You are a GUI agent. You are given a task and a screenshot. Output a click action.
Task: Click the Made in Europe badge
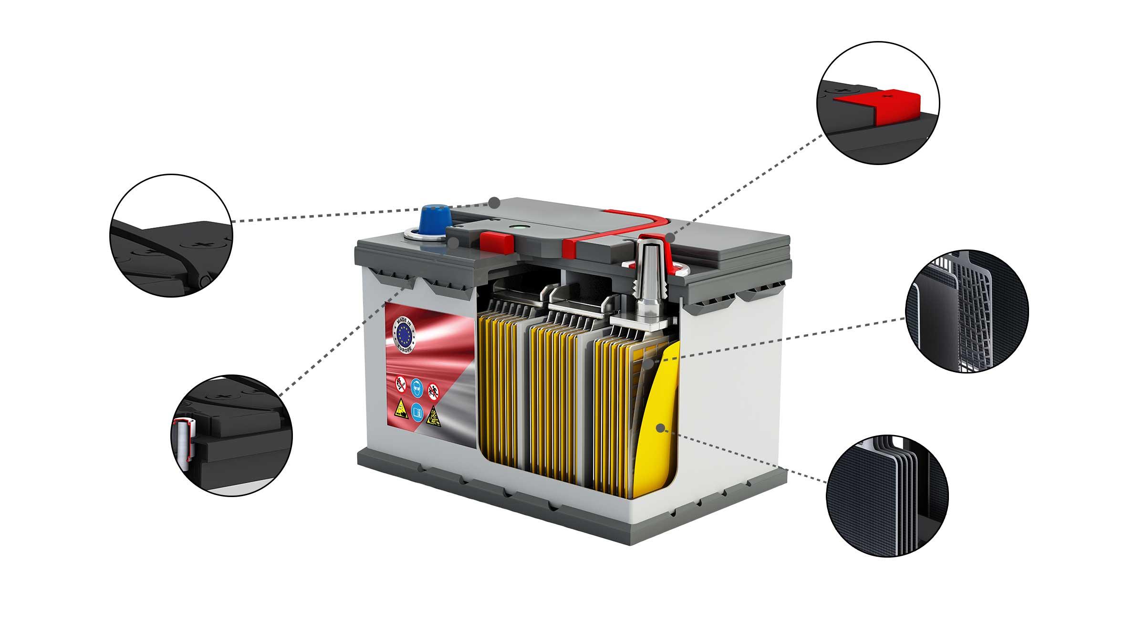[x=405, y=332]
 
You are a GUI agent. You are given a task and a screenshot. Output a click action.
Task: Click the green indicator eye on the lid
[x=516, y=228]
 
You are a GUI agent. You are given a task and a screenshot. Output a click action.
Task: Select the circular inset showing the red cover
[x=878, y=103]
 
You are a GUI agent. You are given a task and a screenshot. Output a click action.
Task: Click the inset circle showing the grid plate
[x=967, y=311]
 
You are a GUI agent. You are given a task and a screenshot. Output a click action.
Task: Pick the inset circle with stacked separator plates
[x=887, y=496]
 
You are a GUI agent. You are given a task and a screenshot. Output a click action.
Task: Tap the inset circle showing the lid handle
[x=171, y=235]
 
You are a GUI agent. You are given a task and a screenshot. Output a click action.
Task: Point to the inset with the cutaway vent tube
[x=231, y=436]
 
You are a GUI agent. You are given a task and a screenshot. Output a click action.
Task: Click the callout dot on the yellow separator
[x=660, y=428]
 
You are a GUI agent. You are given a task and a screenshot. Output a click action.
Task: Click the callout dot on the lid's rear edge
[x=495, y=202]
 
